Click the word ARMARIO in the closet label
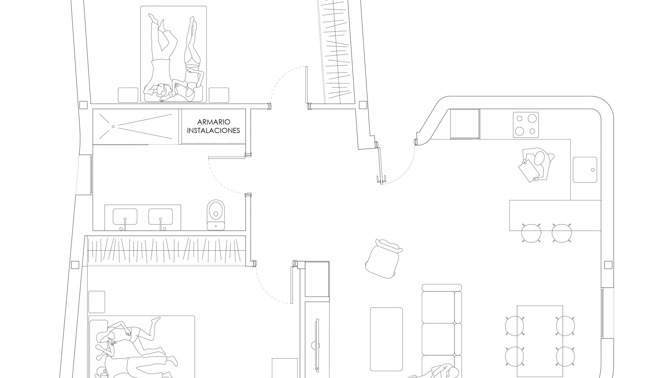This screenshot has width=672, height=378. click(x=214, y=122)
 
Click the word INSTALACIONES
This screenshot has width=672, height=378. click(x=213, y=130)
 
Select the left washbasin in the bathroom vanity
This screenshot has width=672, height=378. click(x=125, y=217)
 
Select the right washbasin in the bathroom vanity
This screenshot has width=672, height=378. click(x=161, y=217)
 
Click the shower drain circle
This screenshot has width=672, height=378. click(x=113, y=127)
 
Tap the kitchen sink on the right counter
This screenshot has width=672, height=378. click(x=585, y=170)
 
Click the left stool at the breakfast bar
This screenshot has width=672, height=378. click(x=531, y=233)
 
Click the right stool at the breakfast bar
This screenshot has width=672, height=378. click(x=562, y=233)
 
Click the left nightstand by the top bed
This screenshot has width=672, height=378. click(x=128, y=95)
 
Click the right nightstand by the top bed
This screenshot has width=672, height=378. click(x=219, y=95)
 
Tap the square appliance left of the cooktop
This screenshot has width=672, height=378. click(x=465, y=124)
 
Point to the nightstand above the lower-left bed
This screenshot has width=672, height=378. click(x=97, y=302)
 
